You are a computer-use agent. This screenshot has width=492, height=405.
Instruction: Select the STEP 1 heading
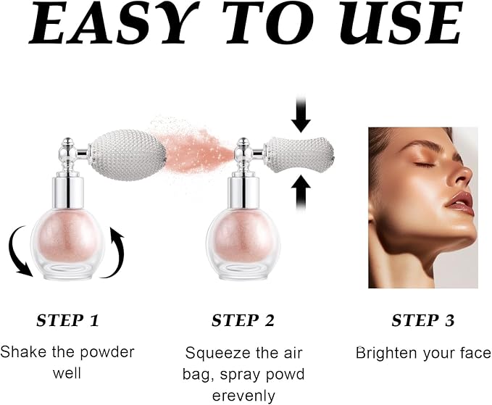tap(68, 320)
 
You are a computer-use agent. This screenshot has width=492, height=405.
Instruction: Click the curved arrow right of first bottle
tap(116, 251)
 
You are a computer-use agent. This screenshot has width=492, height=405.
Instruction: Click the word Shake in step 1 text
tap(21, 353)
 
